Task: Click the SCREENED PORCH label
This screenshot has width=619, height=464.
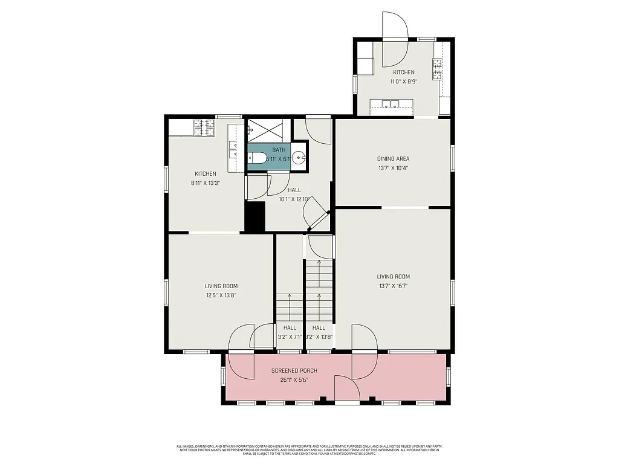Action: [x=294, y=370]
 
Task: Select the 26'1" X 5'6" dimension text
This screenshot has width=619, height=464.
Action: [x=294, y=380]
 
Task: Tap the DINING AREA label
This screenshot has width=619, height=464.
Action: [x=394, y=159]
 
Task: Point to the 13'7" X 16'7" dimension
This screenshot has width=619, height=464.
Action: [x=394, y=286]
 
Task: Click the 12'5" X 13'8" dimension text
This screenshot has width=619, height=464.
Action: [x=220, y=295]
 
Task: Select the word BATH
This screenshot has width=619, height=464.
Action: [x=279, y=150]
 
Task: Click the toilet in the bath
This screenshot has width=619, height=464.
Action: [x=258, y=159]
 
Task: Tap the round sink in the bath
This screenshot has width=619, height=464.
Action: [x=299, y=159]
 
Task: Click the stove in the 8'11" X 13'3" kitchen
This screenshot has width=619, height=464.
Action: [x=204, y=127]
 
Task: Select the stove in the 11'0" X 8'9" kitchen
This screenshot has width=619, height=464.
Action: [x=437, y=69]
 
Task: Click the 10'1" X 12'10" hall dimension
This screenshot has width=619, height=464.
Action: [x=294, y=199]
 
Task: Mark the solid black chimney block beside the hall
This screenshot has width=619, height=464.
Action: [x=254, y=216]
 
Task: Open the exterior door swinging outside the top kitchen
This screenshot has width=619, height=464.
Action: [x=395, y=25]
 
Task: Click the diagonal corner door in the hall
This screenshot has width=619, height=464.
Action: [x=316, y=214]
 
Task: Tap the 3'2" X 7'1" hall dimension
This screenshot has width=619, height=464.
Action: [x=290, y=337]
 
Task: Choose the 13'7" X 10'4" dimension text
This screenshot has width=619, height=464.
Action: [x=394, y=168]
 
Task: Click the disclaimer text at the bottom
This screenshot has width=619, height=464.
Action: [x=309, y=449]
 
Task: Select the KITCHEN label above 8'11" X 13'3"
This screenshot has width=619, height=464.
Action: [x=205, y=174]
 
